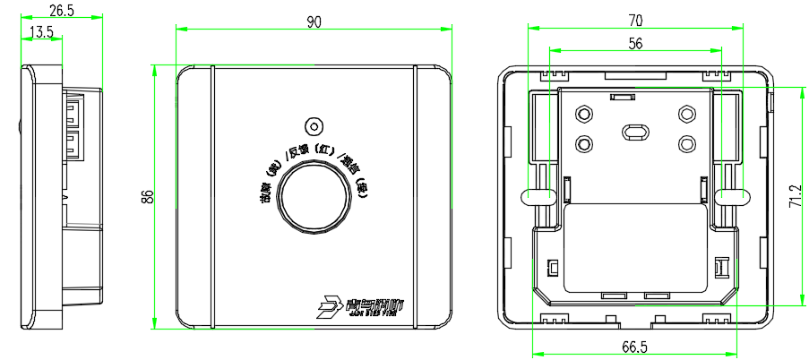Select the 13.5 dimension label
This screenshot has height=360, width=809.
click(x=41, y=32)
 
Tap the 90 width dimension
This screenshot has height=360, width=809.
click(x=314, y=22)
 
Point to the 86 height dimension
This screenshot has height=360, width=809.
click(x=147, y=197)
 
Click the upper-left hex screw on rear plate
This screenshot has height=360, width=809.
click(x=583, y=114)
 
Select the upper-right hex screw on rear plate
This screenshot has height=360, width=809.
click(x=687, y=114)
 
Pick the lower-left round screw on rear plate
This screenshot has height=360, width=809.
click(x=583, y=143)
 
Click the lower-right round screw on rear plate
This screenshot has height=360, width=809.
click(x=687, y=143)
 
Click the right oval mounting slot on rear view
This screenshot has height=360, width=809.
click(x=733, y=194)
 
